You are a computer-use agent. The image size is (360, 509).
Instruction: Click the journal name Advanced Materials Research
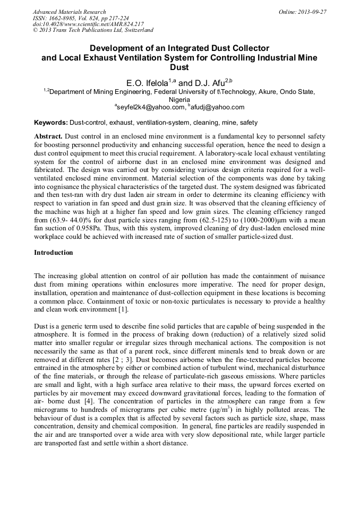(x=69, y=12)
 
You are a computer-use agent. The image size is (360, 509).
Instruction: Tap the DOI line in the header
(x=88, y=24)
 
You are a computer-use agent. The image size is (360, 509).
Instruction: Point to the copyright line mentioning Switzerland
(x=93, y=31)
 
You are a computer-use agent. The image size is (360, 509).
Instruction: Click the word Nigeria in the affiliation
(x=179, y=99)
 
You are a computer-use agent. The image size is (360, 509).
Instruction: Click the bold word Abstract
(x=48, y=136)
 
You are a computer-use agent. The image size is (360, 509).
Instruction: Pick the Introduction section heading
(x=54, y=253)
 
